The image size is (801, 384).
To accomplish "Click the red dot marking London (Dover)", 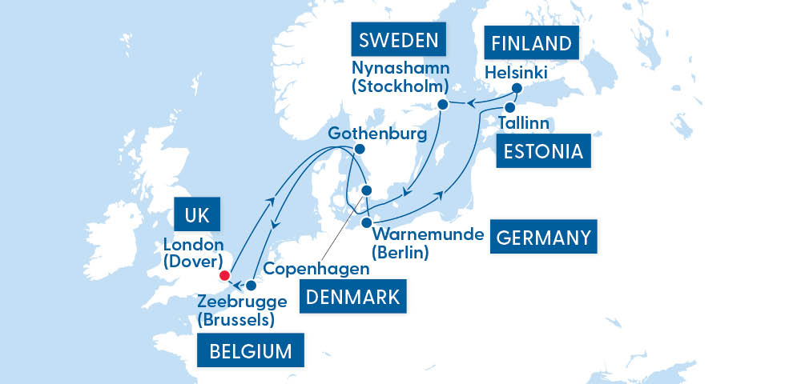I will (224, 277).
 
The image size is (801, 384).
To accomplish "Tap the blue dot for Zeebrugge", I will (251, 285).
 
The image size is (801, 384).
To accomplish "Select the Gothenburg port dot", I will (360, 150).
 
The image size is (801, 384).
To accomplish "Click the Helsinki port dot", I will (517, 88).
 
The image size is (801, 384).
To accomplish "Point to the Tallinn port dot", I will (509, 106).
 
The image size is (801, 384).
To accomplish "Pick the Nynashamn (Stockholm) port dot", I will (442, 105).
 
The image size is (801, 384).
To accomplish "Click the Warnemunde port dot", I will (366, 222).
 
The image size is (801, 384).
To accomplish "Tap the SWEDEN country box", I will (398, 41).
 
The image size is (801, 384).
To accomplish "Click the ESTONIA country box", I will (544, 150).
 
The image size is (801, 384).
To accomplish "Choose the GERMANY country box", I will (544, 237).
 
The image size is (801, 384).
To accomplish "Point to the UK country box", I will (196, 215).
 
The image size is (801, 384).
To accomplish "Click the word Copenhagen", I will (316, 269).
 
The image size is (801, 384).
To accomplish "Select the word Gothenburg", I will (376, 132).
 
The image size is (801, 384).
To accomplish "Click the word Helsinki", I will (517, 73).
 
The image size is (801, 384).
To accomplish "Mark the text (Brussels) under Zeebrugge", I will (236, 321).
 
